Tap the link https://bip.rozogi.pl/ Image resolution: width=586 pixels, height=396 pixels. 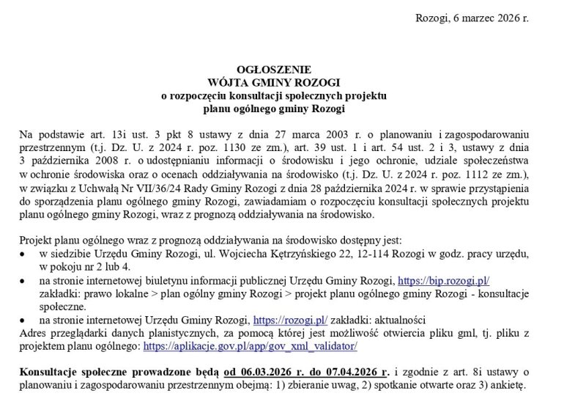[x=442, y=280]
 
